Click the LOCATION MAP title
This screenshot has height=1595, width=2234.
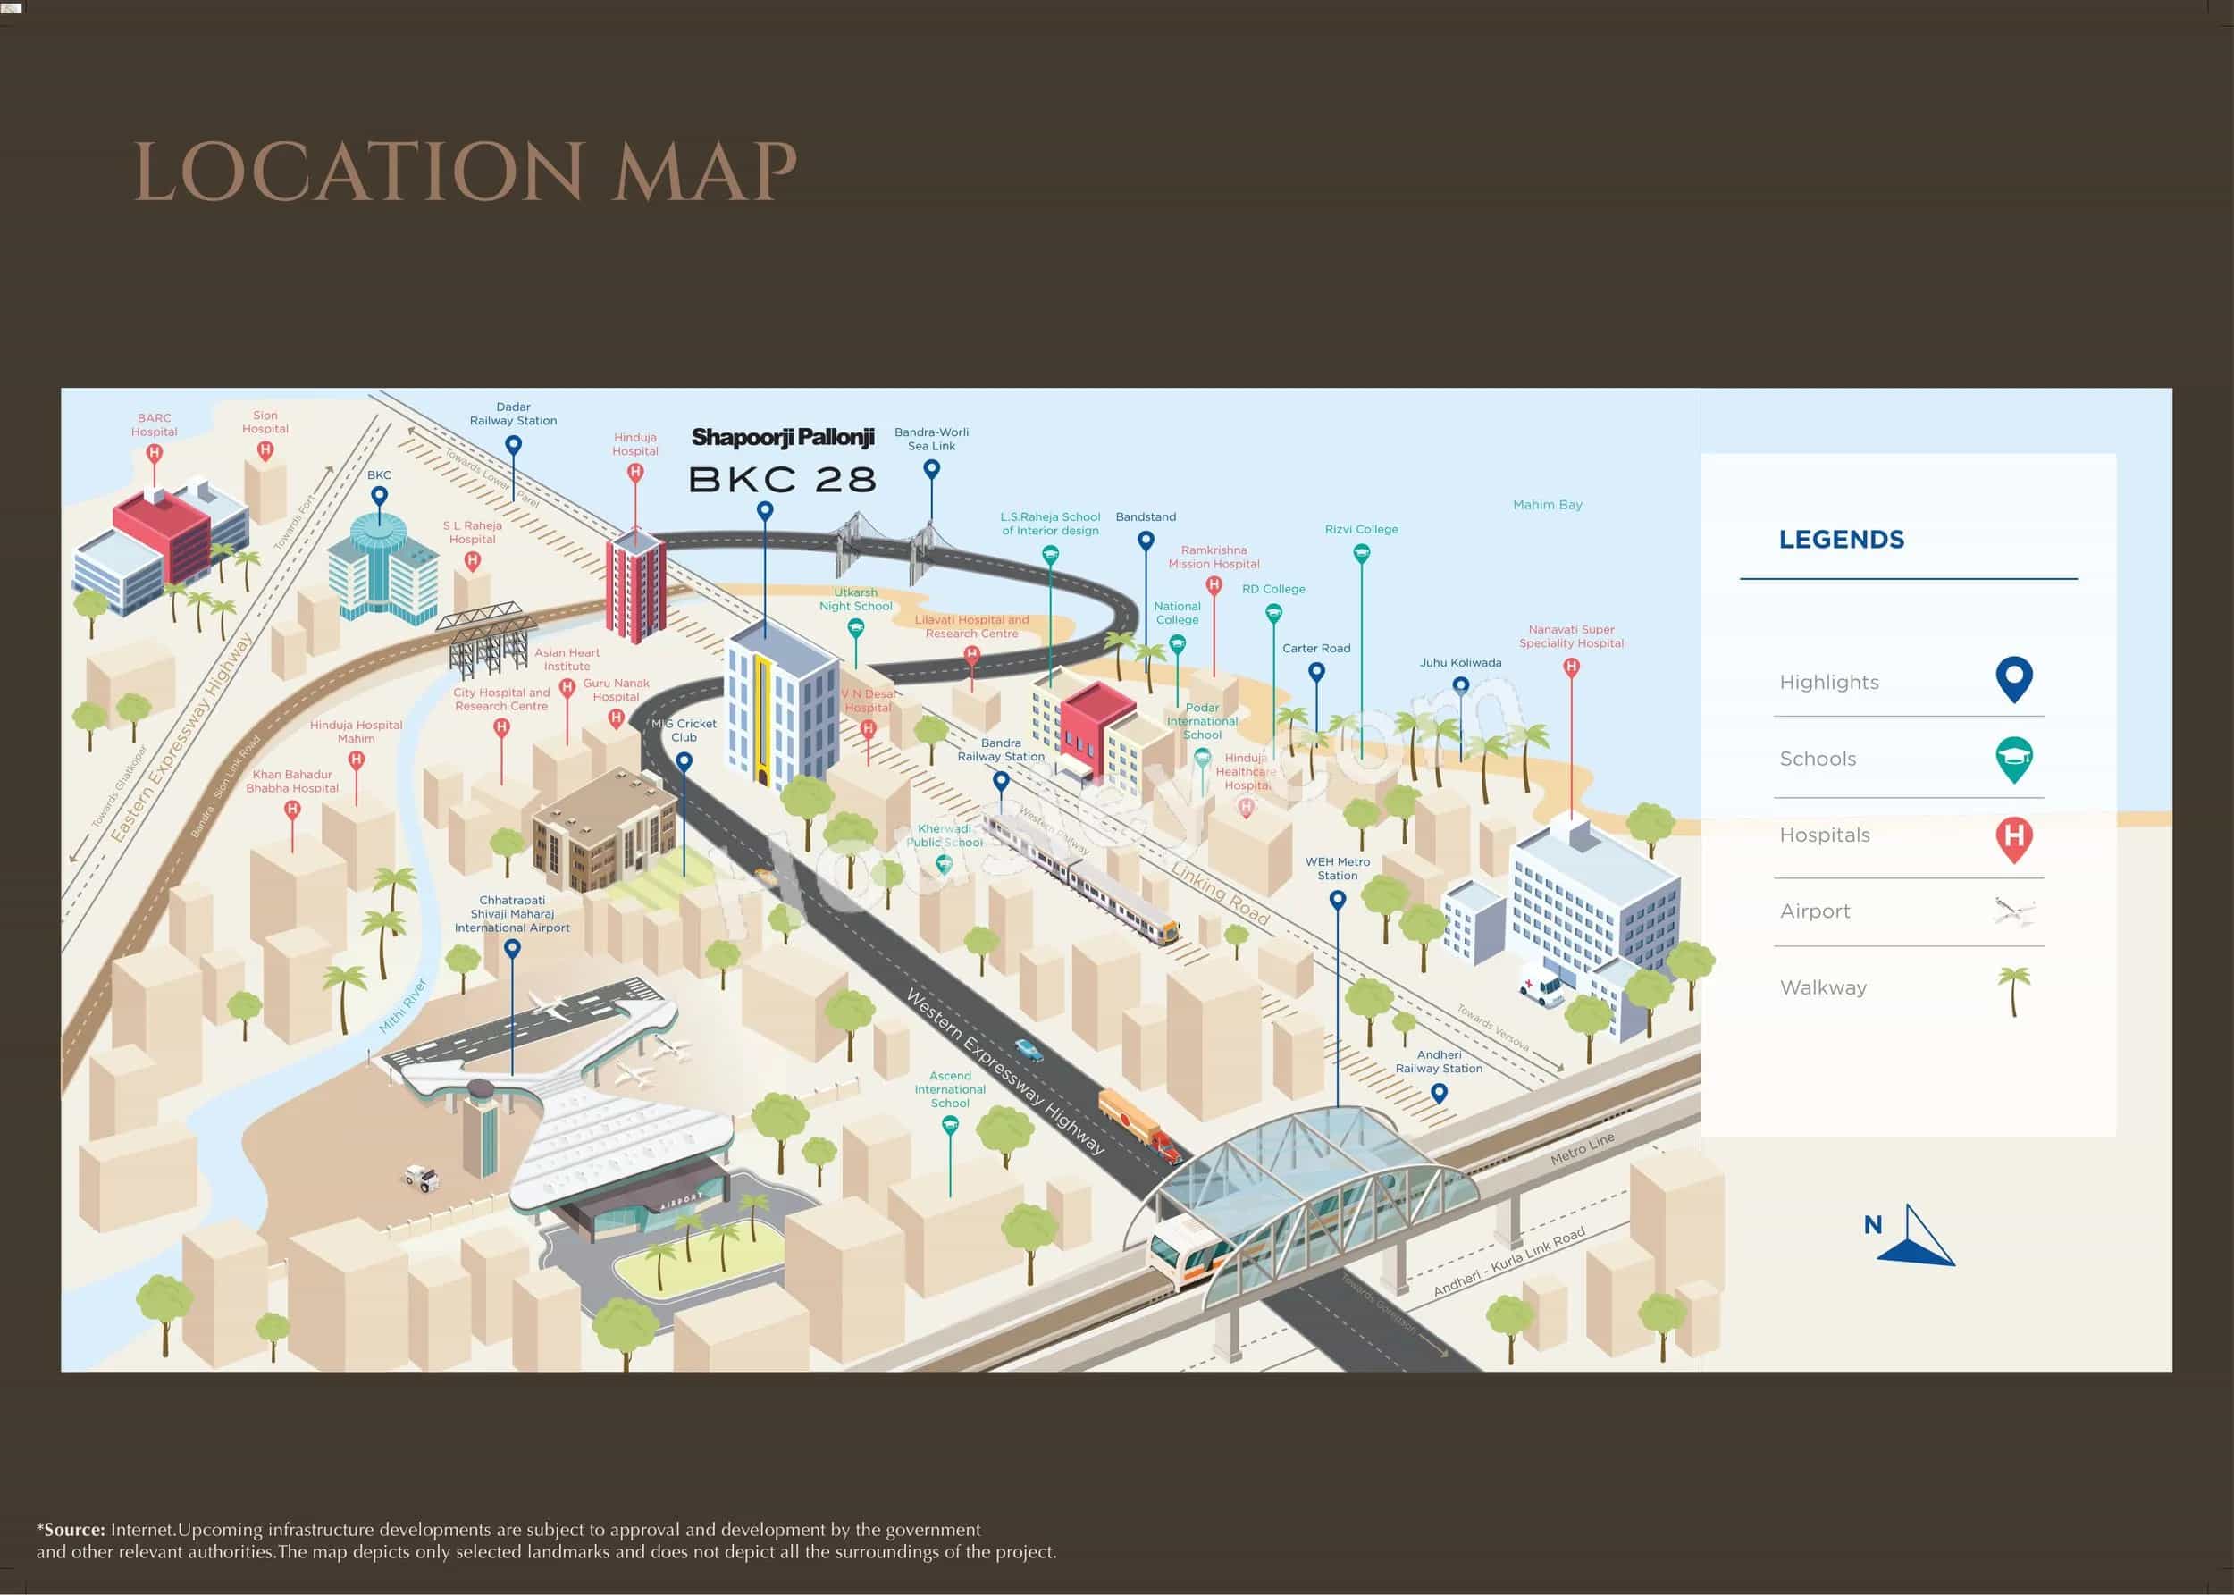465,172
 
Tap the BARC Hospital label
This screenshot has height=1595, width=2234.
155,424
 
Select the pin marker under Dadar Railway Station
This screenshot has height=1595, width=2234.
513,445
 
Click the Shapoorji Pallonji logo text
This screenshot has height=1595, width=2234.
783,437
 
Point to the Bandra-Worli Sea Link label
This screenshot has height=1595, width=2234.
931,439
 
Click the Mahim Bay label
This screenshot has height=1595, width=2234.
1547,505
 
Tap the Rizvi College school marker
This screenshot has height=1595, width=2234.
1361,554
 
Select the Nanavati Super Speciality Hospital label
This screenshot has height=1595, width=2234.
1570,636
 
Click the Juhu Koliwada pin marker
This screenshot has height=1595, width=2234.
1460,685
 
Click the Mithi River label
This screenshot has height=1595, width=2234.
404,1004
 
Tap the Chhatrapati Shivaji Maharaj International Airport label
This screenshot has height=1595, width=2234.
512,913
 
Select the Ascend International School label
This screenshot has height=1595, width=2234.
950,1089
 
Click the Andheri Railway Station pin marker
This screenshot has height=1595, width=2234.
1439,1092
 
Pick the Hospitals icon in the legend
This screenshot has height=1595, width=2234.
2013,838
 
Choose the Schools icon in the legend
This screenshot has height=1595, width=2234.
2013,760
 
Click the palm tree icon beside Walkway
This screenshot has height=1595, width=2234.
2013,989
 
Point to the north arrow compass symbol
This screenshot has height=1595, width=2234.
1917,1238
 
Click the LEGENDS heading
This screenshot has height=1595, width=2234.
1841,539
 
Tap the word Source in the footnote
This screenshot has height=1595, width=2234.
75,1529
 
